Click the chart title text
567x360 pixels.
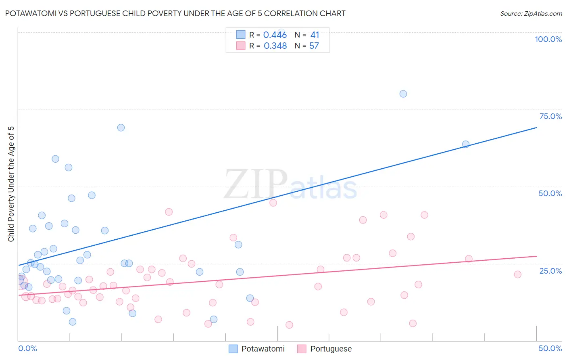[x=175, y=13]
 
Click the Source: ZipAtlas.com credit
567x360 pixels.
[x=531, y=13]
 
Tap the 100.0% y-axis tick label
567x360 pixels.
[x=548, y=39]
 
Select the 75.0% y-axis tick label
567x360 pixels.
[x=550, y=116]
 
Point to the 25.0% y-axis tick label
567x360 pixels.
[x=550, y=271]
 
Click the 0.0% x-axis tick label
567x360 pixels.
[x=27, y=348]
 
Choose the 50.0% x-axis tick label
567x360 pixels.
[x=550, y=348]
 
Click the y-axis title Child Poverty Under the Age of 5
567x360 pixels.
[x=11, y=184]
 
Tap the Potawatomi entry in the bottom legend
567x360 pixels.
[x=263, y=349]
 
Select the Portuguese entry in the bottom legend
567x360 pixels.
[x=331, y=349]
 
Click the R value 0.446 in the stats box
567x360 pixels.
[x=275, y=35]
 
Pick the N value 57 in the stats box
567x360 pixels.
[x=314, y=46]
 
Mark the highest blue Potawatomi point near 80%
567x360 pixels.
[x=403, y=94]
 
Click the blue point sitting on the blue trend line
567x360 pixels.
[x=465, y=144]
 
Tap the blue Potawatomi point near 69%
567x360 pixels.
[x=121, y=128]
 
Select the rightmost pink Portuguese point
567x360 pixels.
[x=517, y=274]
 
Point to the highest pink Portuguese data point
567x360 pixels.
[x=273, y=203]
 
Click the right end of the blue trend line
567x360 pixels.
[x=536, y=128]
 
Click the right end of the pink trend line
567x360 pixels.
[x=536, y=256]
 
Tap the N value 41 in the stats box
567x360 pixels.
[x=315, y=35]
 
